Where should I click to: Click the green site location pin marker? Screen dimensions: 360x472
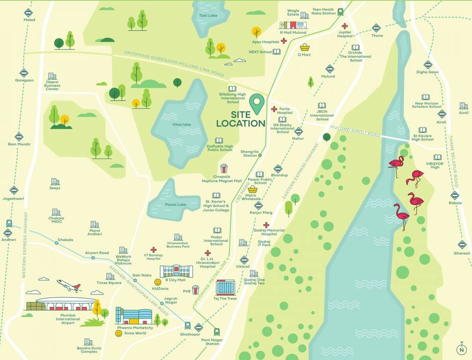coord(256,103)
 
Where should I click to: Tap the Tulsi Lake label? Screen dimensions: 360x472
coord(208,15)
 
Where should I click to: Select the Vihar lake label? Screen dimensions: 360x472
coord(181,124)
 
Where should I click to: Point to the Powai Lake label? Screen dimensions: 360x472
coord(176,204)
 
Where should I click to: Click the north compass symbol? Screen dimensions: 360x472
coord(462,349)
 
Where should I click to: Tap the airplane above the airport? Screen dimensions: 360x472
coord(68,285)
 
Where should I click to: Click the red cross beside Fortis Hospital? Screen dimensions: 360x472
coord(274,109)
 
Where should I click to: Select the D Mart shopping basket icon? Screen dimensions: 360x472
coord(304,47)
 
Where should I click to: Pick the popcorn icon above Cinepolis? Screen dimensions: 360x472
coord(224,168)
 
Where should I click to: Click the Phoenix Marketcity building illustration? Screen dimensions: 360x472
coord(134,316)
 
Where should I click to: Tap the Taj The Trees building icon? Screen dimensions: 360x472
coord(225,287)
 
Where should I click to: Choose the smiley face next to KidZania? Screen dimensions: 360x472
coord(158,282)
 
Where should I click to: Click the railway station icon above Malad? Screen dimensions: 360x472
coord(29,13)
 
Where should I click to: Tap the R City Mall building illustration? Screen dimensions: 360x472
coord(176,271)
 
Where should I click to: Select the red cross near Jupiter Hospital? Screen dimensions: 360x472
coord(345,26)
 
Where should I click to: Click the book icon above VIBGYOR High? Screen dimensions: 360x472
coord(437,157)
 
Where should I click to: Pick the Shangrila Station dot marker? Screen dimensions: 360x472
coord(260,155)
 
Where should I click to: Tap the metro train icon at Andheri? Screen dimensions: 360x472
coord(9,224)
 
